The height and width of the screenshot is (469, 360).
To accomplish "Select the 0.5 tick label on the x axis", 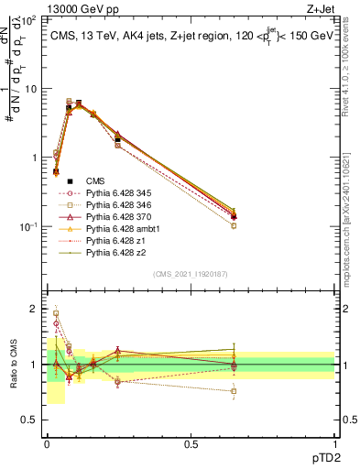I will pyautogui.click(x=191, y=444).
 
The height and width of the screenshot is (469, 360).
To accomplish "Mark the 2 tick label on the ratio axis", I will pyautogui.click(x=33, y=310).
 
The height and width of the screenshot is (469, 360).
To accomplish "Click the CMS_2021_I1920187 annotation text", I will pyautogui.click(x=190, y=274).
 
